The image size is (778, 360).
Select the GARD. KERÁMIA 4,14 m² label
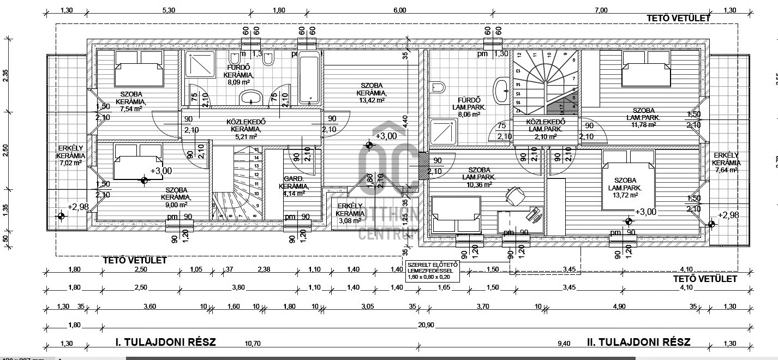click(297, 185)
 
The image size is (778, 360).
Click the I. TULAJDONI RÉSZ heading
click(166, 343)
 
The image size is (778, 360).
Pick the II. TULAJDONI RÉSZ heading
click(638, 343)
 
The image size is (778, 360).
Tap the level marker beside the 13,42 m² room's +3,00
click(370, 145)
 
